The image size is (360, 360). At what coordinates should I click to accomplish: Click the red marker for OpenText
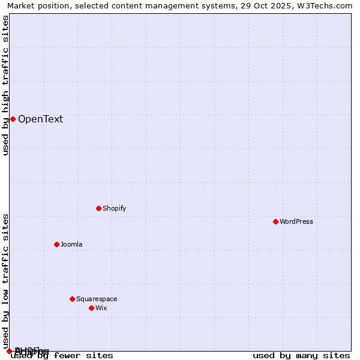tap(13, 119)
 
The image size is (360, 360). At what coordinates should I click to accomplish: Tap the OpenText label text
tap(40, 119)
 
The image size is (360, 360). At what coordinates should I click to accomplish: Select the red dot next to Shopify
tap(98, 208)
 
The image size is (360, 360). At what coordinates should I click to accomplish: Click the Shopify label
tap(114, 208)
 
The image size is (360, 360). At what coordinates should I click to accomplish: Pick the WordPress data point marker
tap(275, 221)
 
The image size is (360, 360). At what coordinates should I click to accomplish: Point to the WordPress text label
tap(296, 221)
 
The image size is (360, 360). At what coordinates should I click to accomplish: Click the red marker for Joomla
tap(56, 244)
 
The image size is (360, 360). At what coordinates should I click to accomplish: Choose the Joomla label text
tap(71, 244)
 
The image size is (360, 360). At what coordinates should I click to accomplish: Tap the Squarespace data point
tap(72, 299)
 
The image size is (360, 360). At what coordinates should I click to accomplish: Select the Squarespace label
tap(97, 299)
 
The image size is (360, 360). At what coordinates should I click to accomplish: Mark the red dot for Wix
tap(91, 308)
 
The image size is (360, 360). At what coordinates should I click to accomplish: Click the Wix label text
tap(101, 308)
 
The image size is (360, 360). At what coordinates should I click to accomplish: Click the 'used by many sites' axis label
tap(301, 356)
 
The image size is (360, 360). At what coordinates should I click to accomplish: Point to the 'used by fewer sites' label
tap(62, 356)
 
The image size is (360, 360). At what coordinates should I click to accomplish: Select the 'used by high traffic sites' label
tap(6, 85)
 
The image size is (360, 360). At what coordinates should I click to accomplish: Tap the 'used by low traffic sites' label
tap(6, 281)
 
